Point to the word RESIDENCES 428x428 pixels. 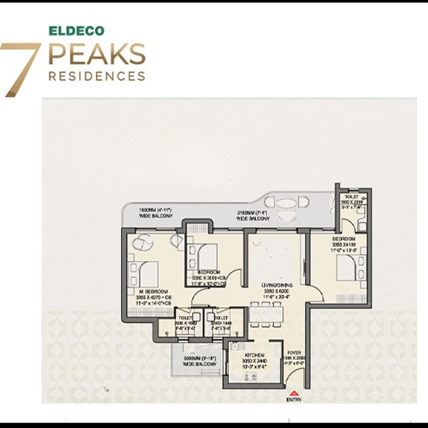[97, 76]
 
